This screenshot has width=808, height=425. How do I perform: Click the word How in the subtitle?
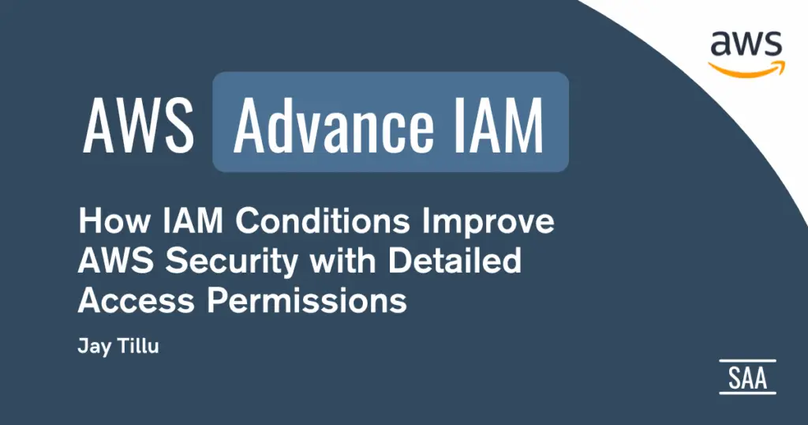[x=114, y=220]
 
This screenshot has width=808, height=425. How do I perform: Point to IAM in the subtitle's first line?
[x=193, y=220]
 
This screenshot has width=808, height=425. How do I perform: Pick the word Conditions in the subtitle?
[x=323, y=220]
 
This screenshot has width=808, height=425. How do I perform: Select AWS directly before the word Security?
[x=116, y=261]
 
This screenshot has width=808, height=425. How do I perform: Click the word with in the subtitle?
[x=343, y=261]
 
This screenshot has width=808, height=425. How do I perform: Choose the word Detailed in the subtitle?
[x=454, y=261]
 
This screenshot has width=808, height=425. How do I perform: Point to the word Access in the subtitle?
[x=136, y=300]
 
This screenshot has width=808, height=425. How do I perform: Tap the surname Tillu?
[x=138, y=345]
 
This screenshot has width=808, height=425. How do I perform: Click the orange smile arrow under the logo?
[x=746, y=70]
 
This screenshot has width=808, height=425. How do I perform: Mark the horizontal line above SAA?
[x=748, y=360]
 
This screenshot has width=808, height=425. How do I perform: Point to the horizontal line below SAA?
[x=748, y=393]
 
